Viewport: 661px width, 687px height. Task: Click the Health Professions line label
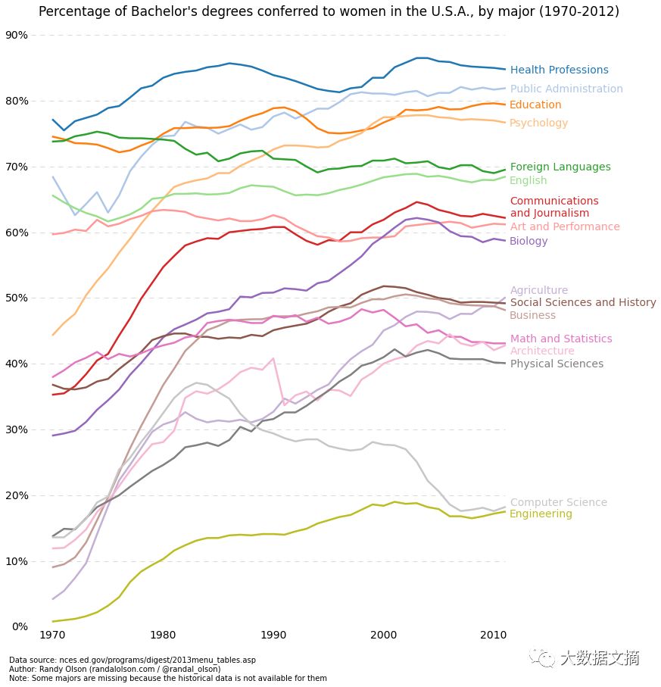[x=559, y=70]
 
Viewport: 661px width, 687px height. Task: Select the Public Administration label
[x=566, y=89]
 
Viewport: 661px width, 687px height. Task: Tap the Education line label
[x=535, y=105]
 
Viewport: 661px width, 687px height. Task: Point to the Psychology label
[x=538, y=123]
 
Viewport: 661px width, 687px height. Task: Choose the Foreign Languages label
[x=560, y=167]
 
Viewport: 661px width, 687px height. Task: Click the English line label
[x=528, y=181]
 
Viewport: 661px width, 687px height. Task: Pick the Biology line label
[x=528, y=242]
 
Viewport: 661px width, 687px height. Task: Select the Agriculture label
[x=538, y=291]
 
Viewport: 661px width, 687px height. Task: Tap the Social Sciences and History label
[x=583, y=303]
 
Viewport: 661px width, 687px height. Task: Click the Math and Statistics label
[x=560, y=339]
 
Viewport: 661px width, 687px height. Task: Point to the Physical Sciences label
[x=557, y=364]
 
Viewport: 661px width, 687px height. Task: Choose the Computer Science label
[x=558, y=503]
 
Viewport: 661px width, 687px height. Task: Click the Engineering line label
[x=541, y=514]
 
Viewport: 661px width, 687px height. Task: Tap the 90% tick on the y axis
[x=17, y=35]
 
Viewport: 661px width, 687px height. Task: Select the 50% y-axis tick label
[x=17, y=298]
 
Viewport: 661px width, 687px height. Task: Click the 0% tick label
[x=20, y=627]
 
